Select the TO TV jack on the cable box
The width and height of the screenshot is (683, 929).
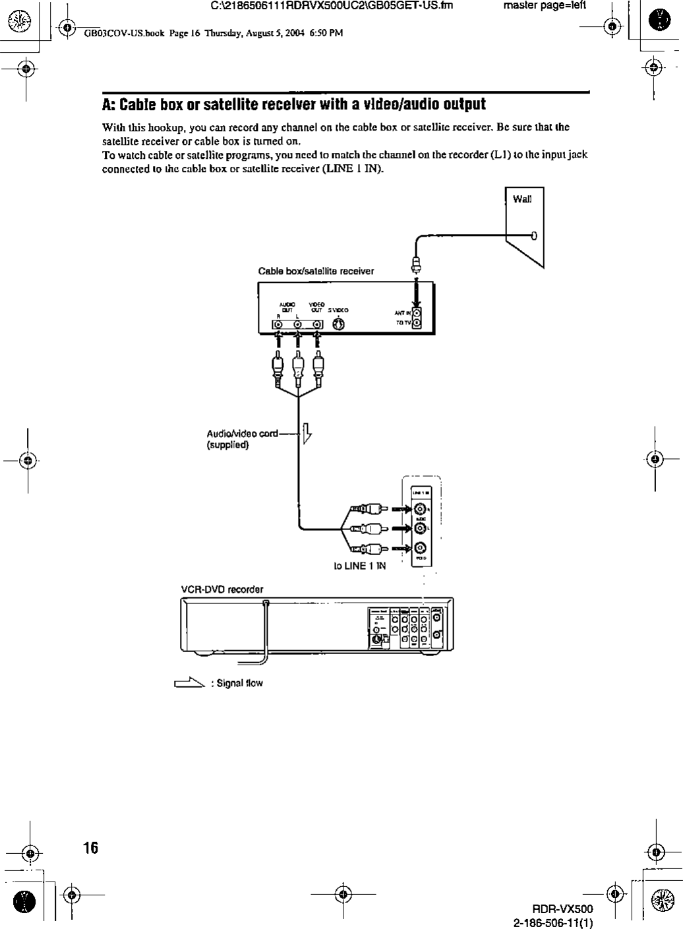[417, 324]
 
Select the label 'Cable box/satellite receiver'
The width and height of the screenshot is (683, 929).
[316, 271]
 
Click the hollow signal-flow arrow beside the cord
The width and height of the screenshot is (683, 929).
[307, 436]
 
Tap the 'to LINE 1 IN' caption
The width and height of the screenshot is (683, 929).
[359, 565]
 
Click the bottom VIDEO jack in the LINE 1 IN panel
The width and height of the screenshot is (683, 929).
[420, 547]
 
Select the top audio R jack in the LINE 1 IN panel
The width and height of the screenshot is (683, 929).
[420, 508]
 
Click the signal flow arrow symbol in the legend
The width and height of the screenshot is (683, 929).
[189, 683]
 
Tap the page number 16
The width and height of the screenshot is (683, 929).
[91, 848]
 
